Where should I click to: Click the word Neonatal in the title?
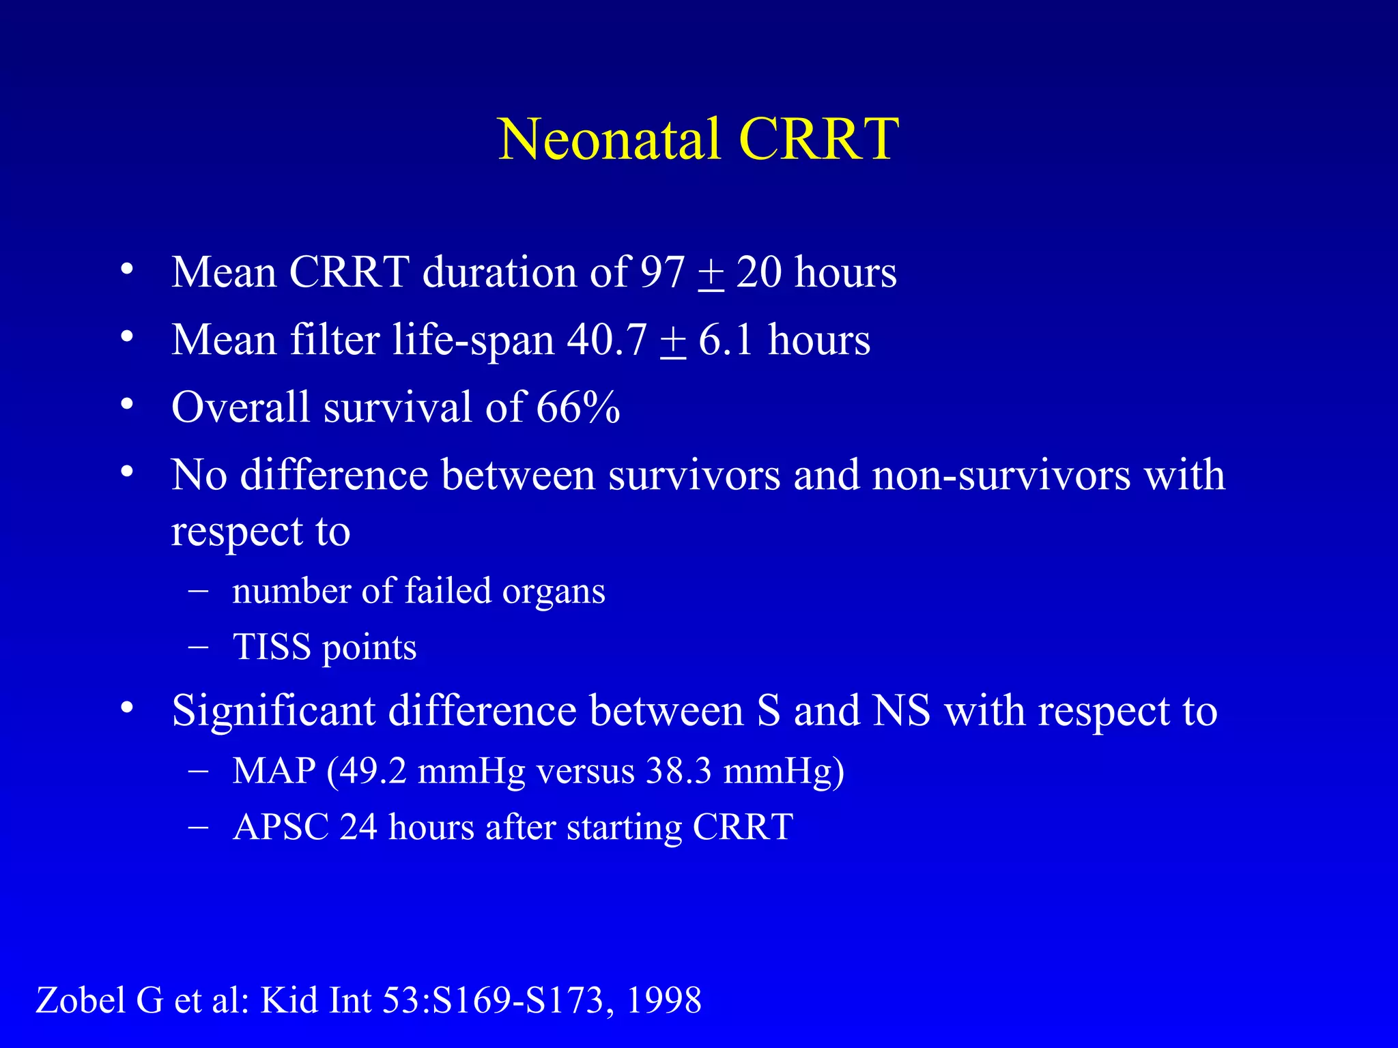(x=609, y=139)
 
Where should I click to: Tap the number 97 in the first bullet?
(x=661, y=272)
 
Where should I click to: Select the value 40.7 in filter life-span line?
(x=606, y=340)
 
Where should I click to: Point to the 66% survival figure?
(x=577, y=407)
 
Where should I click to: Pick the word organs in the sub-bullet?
(x=554, y=591)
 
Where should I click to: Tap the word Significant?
(x=273, y=711)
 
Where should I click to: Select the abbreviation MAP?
(x=274, y=771)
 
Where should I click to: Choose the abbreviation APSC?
(x=281, y=827)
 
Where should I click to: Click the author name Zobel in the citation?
(x=81, y=1001)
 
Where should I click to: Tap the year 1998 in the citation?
(x=664, y=1001)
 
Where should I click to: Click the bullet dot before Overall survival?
(x=127, y=404)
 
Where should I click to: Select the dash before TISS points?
(x=198, y=647)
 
